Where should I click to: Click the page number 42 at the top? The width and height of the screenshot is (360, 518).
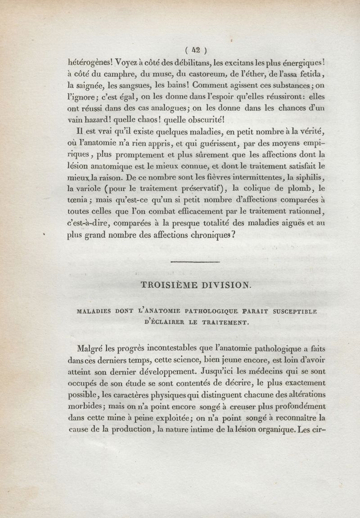coord(196,50)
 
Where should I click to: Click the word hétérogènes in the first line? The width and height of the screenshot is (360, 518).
coord(93,63)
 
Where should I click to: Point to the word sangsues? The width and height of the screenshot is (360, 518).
coord(133,86)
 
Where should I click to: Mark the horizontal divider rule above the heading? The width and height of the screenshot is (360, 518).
coord(195,262)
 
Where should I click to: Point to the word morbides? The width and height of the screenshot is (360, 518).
coord(90,406)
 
